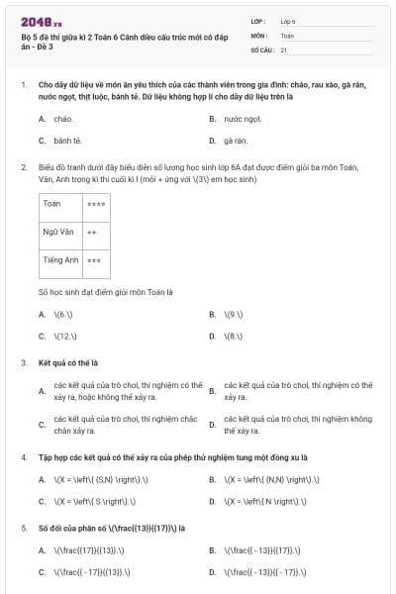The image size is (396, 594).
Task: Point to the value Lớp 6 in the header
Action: click(x=288, y=21)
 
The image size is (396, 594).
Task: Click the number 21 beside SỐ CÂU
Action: click(x=284, y=49)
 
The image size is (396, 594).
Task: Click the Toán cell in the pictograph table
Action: click(x=53, y=204)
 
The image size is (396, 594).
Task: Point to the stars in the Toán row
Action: click(x=96, y=204)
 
